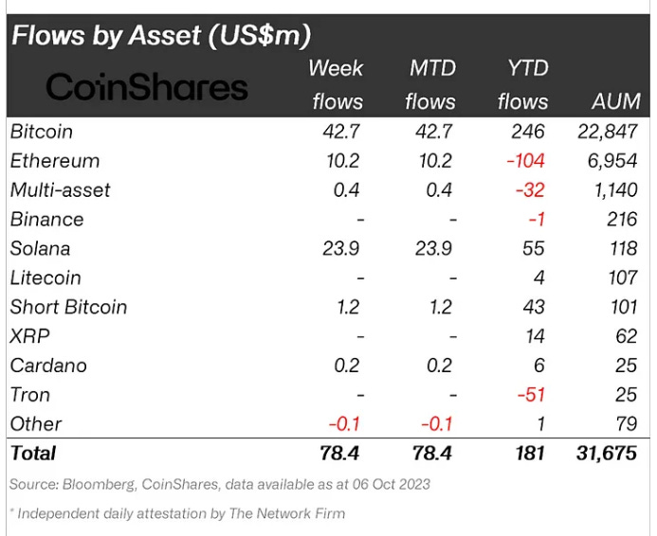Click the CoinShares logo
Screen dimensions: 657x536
pyautogui.click(x=147, y=86)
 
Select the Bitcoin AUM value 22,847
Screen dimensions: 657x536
pyautogui.click(x=608, y=132)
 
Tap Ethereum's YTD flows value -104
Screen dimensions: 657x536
pyautogui.click(x=525, y=161)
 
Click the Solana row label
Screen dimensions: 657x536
pyautogui.click(x=40, y=248)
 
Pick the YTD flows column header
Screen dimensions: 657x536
pyautogui.click(x=523, y=85)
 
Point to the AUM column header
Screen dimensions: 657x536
pyautogui.click(x=616, y=101)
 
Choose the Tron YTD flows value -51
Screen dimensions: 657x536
pyautogui.click(x=531, y=395)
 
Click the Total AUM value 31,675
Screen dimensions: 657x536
pyautogui.click(x=607, y=454)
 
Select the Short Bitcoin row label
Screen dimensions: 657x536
pyautogui.click(x=68, y=307)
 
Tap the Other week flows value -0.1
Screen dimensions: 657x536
pyautogui.click(x=344, y=424)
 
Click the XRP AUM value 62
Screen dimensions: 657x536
pyautogui.click(x=627, y=336)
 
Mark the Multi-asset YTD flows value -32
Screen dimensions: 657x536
pyautogui.click(x=530, y=190)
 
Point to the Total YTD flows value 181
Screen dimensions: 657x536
pyautogui.click(x=530, y=454)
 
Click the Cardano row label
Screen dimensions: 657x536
pyautogui.click(x=48, y=366)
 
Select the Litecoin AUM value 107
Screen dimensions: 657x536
pyautogui.click(x=623, y=277)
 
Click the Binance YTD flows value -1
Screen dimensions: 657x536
pyautogui.click(x=537, y=220)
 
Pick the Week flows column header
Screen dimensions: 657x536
pyautogui.click(x=337, y=85)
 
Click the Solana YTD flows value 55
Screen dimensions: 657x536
pyautogui.click(x=534, y=248)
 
